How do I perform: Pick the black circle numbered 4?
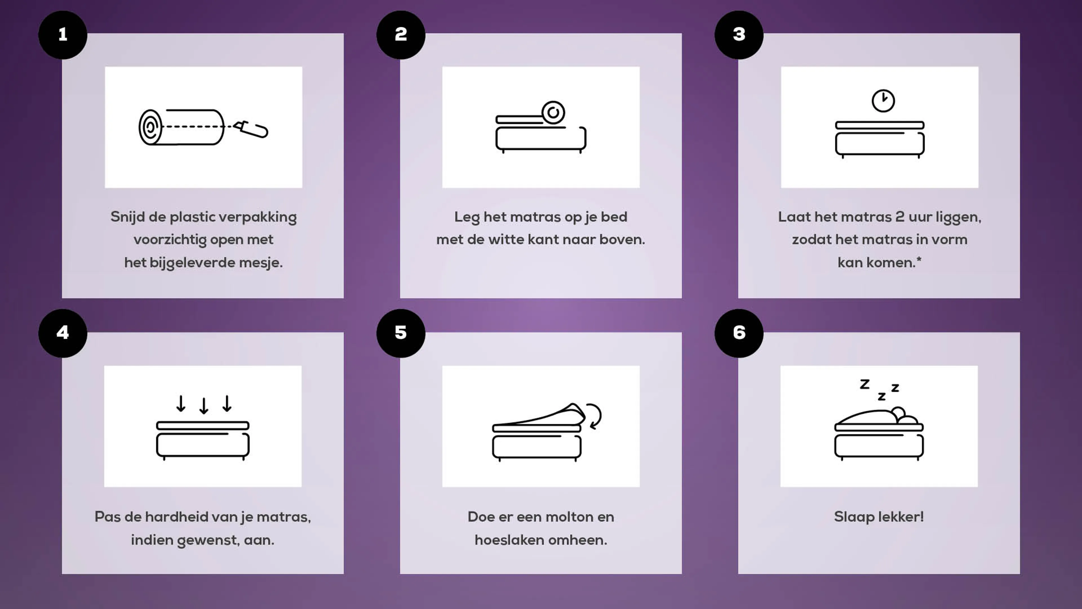click(63, 333)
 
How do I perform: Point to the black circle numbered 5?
click(401, 333)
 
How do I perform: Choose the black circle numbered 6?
click(739, 333)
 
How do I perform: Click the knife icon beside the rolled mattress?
click(251, 129)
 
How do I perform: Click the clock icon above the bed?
click(883, 101)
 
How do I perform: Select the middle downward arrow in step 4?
click(204, 406)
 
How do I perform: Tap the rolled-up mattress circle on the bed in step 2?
click(553, 112)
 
